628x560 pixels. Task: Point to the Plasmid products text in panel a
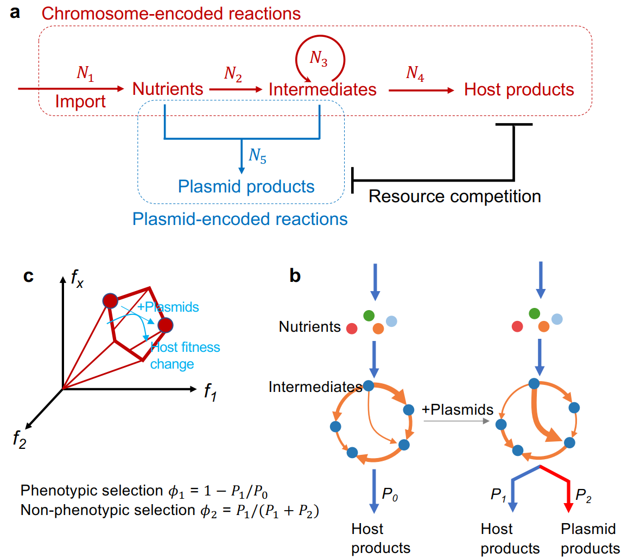pos(247,187)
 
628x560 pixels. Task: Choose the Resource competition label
pos(455,196)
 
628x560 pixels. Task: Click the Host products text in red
pos(519,89)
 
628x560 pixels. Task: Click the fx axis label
pos(77,280)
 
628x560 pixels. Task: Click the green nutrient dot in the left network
pos(369,315)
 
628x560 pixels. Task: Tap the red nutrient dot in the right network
pos(517,326)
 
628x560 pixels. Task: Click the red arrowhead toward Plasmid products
pos(568,507)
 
